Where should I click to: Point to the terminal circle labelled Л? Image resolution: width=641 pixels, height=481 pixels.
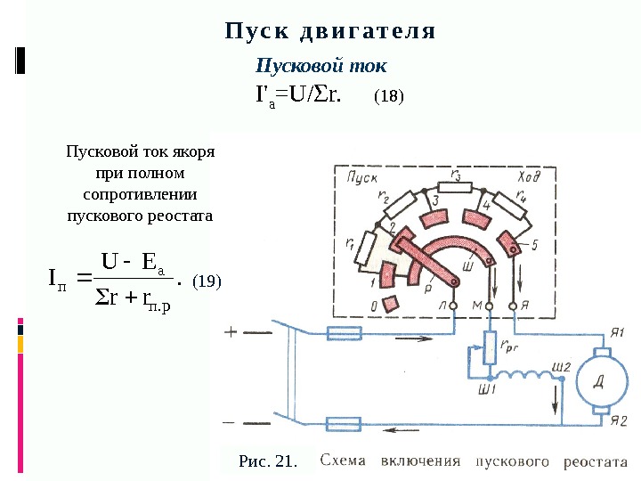tap(453, 306)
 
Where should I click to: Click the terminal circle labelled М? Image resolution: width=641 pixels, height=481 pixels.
tap(488, 306)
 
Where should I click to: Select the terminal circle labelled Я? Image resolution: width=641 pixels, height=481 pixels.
tap(513, 306)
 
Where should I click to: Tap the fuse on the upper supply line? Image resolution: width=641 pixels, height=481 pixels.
tap(343, 333)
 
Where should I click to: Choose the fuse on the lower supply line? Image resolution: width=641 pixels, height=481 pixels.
tap(344, 424)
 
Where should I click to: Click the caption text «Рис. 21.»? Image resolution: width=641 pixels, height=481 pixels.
tap(267, 461)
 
